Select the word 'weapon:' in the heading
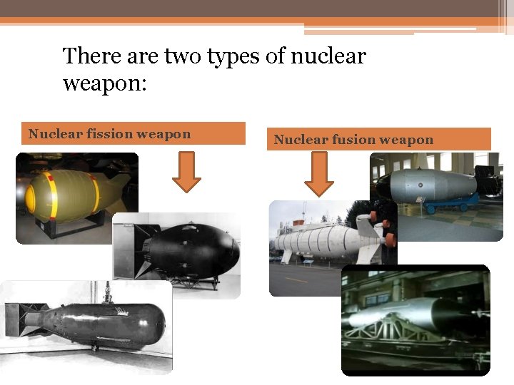(104, 83)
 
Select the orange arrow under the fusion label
(319, 173)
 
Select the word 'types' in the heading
(233, 56)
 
